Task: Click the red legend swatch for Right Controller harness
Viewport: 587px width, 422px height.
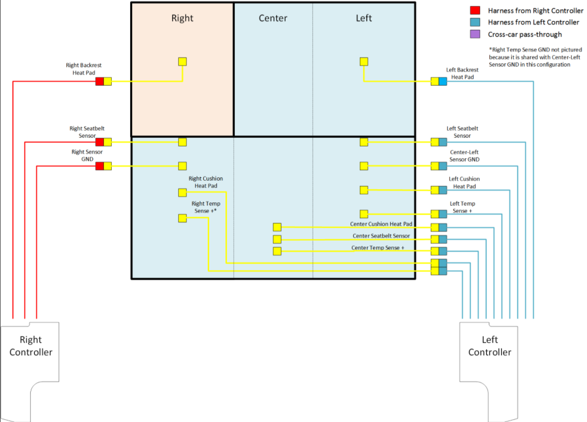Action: pyautogui.click(x=475, y=10)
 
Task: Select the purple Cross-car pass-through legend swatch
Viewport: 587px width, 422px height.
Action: pyautogui.click(x=475, y=34)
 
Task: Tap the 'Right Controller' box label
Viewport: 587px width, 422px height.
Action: pyautogui.click(x=31, y=346)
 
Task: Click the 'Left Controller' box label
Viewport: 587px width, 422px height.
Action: pyautogui.click(x=489, y=346)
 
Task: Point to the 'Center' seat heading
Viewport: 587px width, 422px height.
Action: pyautogui.click(x=273, y=18)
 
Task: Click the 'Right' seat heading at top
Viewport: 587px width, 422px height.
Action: pyautogui.click(x=182, y=18)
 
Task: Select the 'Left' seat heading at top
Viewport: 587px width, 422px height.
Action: pyautogui.click(x=364, y=18)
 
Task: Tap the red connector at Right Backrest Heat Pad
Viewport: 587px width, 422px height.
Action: pyautogui.click(x=100, y=81)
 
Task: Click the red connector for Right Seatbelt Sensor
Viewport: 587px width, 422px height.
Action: pyautogui.click(x=100, y=142)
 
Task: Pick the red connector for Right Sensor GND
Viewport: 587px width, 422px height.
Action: pyautogui.click(x=100, y=166)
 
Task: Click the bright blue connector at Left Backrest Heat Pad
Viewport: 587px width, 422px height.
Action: pyautogui.click(x=443, y=81)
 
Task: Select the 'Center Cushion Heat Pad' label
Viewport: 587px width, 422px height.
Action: pyautogui.click(x=381, y=224)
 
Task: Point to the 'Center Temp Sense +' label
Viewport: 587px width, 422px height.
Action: pyautogui.click(x=378, y=248)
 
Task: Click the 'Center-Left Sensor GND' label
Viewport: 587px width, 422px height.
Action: pyautogui.click(x=464, y=156)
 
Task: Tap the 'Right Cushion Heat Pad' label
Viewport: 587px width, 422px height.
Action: pyautogui.click(x=205, y=182)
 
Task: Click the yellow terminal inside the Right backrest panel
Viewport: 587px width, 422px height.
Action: pyautogui.click(x=183, y=62)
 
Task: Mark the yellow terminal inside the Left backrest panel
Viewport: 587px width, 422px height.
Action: pyautogui.click(x=364, y=62)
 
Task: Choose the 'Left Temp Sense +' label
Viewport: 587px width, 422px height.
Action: pyautogui.click(x=462, y=207)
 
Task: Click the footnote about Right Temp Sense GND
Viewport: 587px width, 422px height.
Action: pyautogui.click(x=529, y=56)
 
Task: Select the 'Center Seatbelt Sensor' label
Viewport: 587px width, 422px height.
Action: pyautogui.click(x=381, y=236)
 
